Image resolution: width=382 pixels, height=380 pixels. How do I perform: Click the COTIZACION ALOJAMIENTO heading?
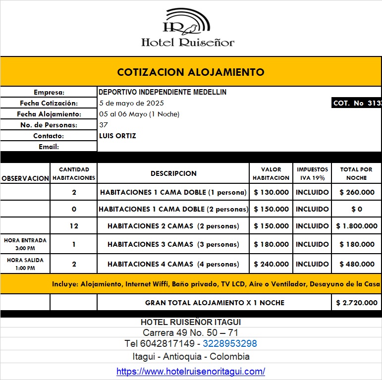click(x=191, y=72)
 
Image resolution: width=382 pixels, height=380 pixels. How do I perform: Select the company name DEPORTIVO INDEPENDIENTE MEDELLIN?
click(x=163, y=92)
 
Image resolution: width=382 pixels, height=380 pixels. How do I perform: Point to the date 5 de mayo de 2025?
click(x=131, y=103)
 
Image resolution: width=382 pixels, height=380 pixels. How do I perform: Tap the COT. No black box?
click(x=356, y=103)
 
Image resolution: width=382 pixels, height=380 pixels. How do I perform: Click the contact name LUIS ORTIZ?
click(x=117, y=136)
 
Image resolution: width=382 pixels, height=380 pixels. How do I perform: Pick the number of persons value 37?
click(x=104, y=125)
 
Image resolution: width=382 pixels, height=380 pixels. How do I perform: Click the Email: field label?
click(x=49, y=147)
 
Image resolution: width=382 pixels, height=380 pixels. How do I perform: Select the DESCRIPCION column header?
click(x=173, y=173)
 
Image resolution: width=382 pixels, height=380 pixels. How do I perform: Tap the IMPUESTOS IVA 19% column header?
click(x=312, y=173)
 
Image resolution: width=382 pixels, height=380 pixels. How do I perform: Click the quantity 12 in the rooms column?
click(x=74, y=226)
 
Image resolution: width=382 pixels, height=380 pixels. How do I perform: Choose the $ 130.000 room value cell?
click(x=271, y=192)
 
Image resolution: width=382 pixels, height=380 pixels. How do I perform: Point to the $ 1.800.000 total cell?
click(x=356, y=226)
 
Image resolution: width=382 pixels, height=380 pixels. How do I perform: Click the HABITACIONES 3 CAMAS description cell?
click(x=173, y=244)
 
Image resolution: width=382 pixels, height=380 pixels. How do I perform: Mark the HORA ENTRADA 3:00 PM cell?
click(x=25, y=244)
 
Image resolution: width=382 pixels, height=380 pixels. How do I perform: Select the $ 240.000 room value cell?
click(x=271, y=264)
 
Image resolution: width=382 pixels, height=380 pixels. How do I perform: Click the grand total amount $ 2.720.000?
click(x=356, y=302)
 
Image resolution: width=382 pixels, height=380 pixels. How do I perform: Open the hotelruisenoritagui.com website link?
click(x=191, y=371)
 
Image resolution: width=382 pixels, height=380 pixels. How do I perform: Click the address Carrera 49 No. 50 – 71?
click(x=191, y=332)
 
